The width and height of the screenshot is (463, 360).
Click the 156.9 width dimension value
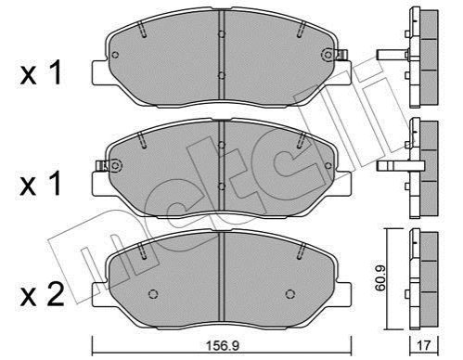[x=223, y=345]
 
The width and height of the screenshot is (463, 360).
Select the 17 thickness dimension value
[x=424, y=345]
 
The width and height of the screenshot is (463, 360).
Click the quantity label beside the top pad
[x=41, y=73]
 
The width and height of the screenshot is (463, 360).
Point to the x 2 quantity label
[x=42, y=294]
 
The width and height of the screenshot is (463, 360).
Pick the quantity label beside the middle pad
[x=40, y=184]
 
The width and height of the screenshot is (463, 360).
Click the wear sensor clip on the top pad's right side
[x=342, y=55]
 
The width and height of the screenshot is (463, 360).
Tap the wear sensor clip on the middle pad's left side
[x=102, y=166]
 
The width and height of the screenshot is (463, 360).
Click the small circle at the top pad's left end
[x=115, y=55]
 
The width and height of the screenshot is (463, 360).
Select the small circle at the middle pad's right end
[x=328, y=166]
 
